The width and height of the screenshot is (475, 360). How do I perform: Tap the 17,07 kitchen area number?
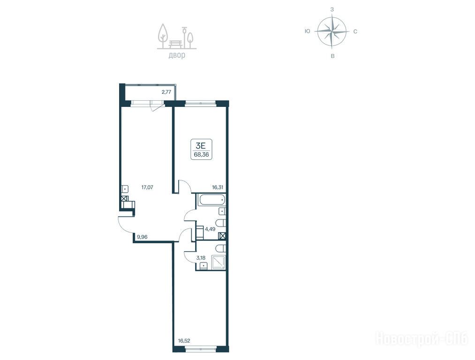point(147,187)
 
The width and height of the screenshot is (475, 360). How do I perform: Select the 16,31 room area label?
point(218,187)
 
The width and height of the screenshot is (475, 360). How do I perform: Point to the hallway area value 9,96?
point(142,237)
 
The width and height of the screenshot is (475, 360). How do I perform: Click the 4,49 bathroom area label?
point(210,229)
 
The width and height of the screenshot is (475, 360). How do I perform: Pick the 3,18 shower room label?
point(201,258)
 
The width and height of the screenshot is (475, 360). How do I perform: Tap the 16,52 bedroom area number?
point(184,341)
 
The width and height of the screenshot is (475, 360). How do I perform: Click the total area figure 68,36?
point(202,154)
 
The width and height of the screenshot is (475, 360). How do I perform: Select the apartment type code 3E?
point(201,145)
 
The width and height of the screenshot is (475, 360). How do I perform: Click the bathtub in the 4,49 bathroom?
point(211,200)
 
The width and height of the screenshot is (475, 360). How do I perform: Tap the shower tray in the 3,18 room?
point(218,262)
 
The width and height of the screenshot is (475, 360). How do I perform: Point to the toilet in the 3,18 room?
point(221,248)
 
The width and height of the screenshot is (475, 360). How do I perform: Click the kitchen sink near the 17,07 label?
point(125,189)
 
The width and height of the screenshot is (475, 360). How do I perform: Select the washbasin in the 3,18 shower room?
point(203,266)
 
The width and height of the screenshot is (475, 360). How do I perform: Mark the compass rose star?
point(332,31)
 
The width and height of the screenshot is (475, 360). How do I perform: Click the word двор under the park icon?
point(177,55)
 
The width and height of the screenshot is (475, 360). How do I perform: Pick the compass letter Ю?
point(308,31)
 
